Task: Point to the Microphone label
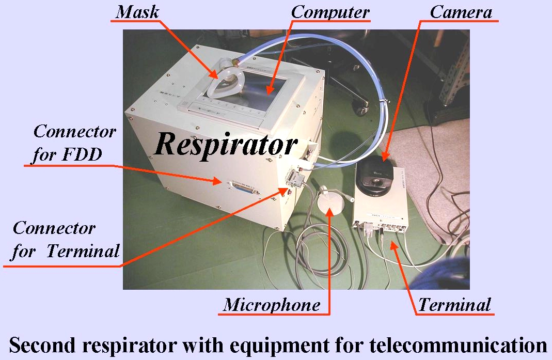coord(271,305)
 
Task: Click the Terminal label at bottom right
coord(454,304)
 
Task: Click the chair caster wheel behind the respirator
coord(360,108)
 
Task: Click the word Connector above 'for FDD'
coord(74,132)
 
